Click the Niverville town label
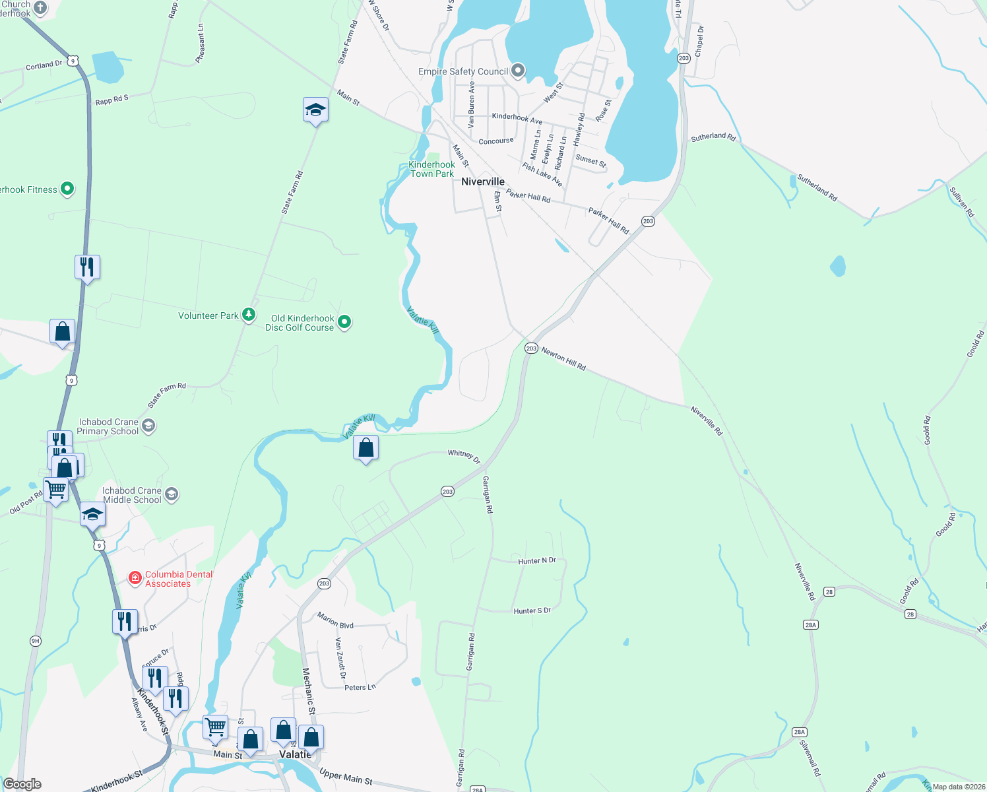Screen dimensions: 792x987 483,181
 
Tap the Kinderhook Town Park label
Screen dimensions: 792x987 432,170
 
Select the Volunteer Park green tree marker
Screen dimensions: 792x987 249,315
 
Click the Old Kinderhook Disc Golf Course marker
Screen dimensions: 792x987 344,322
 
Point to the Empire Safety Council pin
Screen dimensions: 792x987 518,70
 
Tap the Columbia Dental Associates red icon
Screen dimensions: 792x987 135,578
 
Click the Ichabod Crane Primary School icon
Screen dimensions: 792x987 148,426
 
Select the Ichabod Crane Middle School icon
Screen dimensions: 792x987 172,494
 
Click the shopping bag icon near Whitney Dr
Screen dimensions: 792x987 366,449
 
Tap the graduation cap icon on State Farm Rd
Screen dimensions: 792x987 315,110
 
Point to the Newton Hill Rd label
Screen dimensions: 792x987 563,359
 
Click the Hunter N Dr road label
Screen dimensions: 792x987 537,561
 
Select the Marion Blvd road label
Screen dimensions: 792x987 335,620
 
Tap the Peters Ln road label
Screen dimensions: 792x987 360,688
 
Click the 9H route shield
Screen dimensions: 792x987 36,641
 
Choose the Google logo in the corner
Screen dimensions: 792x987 22,784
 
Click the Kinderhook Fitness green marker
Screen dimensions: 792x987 67,189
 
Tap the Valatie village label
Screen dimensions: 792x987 294,754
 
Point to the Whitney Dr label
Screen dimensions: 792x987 464,455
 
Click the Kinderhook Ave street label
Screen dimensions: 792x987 517,119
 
